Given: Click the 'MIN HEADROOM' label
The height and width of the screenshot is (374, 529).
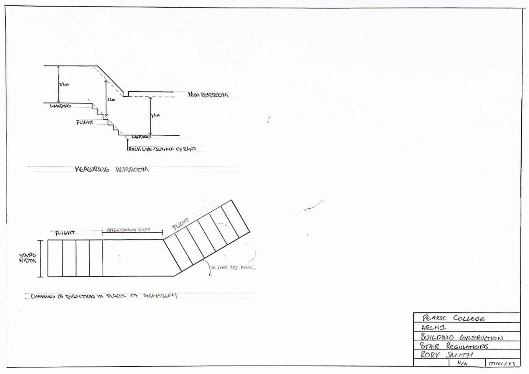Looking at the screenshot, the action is [208, 95].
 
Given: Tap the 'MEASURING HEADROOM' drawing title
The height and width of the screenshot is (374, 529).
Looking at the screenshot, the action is [112, 169].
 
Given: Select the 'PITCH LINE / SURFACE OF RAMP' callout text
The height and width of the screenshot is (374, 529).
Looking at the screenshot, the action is [162, 149].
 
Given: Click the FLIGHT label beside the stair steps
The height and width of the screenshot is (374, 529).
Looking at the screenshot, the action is [84, 122].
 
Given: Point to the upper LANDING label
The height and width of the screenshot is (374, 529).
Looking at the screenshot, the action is [60, 106].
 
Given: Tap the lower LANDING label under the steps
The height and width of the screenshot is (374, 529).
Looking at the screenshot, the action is [141, 137].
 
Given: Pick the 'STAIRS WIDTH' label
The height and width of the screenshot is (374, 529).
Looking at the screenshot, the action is [28, 258].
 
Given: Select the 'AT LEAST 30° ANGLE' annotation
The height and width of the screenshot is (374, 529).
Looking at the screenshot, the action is [232, 268].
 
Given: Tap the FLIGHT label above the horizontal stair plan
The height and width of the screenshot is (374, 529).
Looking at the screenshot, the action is [65, 233].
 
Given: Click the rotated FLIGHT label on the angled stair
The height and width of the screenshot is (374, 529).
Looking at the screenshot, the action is [181, 224].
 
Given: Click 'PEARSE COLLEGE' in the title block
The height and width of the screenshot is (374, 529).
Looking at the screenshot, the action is [453, 318].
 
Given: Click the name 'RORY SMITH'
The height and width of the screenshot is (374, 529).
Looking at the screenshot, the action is [447, 355].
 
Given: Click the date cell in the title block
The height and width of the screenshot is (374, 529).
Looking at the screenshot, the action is [502, 363].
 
